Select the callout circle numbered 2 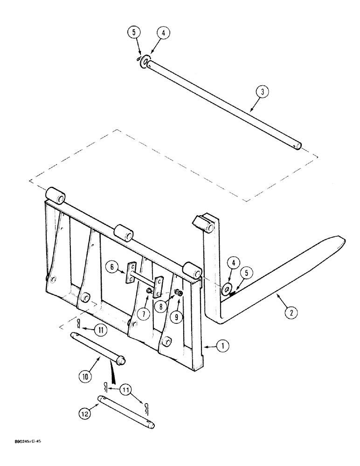tap(291, 313)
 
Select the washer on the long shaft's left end tap(145, 61)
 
